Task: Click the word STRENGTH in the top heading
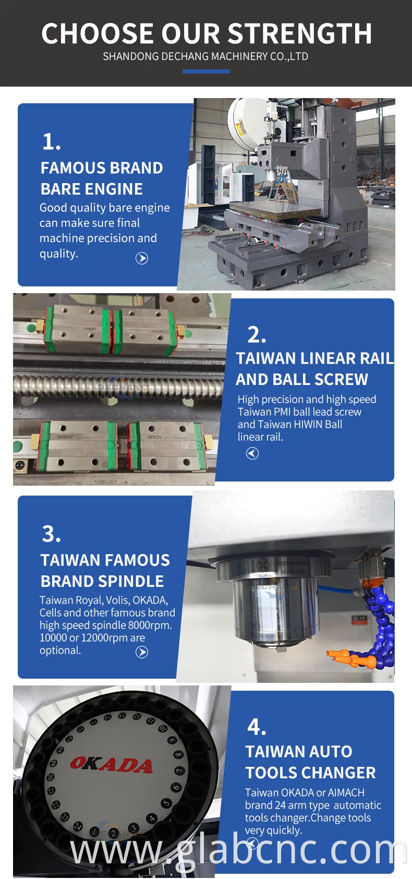pos(300,34)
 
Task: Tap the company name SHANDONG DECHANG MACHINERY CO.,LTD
pos(205,57)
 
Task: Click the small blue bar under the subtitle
pos(206,71)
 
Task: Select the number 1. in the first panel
pos(51,142)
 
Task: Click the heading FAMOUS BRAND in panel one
pos(102,168)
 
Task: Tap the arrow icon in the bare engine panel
pos(142,258)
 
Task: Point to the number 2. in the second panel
pos(257,335)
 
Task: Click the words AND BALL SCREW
pos(302,379)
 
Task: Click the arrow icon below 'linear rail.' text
pos(252,453)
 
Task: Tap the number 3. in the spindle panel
pos(51,534)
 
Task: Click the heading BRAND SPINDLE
pos(102,581)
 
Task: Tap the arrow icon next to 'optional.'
pos(142,652)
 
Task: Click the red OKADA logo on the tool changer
pos(111,765)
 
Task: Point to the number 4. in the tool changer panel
pos(257,727)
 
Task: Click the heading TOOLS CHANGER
pos(310,773)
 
